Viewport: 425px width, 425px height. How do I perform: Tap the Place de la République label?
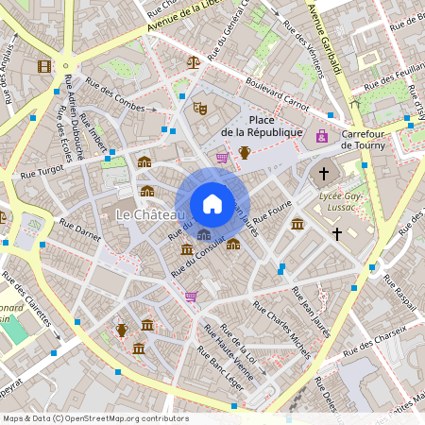point(262,127)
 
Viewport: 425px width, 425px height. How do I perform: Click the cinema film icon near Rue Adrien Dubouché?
point(43,65)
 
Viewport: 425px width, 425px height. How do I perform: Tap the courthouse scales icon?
point(194,62)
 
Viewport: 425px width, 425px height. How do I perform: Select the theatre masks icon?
point(199,109)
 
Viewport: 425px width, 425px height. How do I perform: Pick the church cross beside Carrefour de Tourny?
point(324,174)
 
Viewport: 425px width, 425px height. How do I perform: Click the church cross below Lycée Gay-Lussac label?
point(336,232)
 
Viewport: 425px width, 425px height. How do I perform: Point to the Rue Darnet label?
point(80,229)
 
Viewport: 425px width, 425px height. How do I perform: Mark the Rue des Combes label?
point(116,97)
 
